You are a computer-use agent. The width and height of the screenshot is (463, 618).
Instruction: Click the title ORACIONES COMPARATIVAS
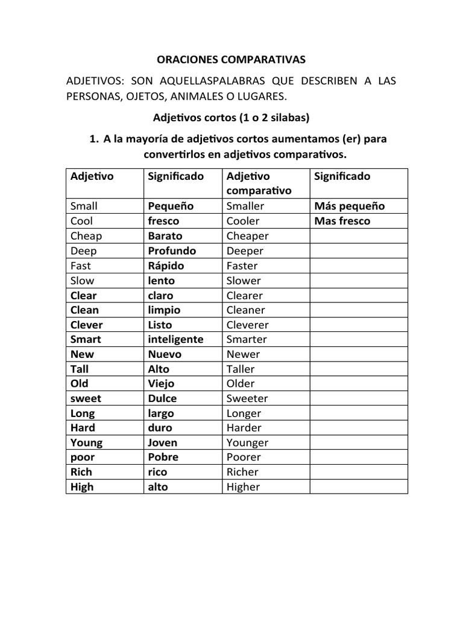[x=231, y=59]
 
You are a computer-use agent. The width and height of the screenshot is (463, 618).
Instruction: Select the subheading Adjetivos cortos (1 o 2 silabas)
[x=231, y=116]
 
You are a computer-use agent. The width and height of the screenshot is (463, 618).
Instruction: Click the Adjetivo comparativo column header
[x=259, y=183]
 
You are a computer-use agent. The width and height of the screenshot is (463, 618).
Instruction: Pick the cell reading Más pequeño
[x=350, y=206]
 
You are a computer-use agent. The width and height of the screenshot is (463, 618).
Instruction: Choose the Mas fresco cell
[x=342, y=221]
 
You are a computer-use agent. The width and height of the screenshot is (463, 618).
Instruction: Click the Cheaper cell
[x=248, y=236]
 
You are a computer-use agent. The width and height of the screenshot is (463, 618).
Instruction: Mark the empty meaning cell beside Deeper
[x=359, y=250]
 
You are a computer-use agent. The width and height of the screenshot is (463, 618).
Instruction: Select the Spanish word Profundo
[x=172, y=250]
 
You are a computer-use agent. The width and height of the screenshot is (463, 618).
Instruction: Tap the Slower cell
[x=244, y=280]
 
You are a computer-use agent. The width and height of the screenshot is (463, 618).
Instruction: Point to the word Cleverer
[x=248, y=325]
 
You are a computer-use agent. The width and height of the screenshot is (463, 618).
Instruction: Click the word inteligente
[x=175, y=339]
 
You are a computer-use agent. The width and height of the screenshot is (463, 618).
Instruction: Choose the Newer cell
[x=244, y=354]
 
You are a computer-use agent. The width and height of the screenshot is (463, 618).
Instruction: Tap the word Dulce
[x=162, y=398]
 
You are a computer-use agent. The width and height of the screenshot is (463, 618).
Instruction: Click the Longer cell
[x=244, y=413]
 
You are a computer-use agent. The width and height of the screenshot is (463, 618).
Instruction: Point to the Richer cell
[x=242, y=472]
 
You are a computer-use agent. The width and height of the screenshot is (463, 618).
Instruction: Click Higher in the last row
[x=244, y=487]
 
